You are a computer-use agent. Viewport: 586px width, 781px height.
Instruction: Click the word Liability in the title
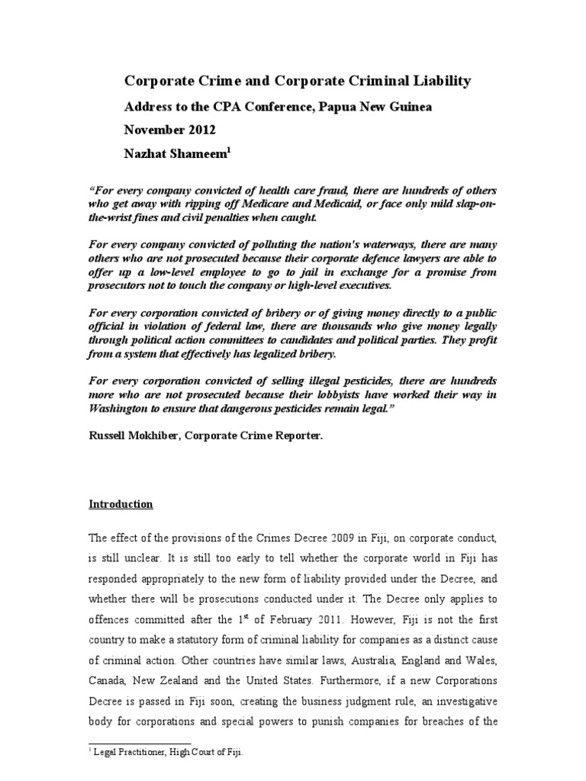coord(442,80)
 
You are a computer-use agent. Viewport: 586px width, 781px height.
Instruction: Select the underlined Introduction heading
coord(121,504)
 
